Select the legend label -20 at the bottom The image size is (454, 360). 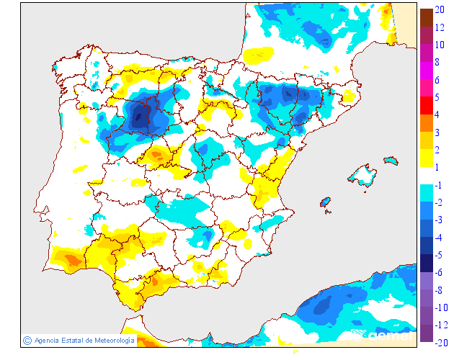coord(442,342)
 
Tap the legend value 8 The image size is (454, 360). coord(439,62)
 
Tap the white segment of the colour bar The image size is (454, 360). coord(427,176)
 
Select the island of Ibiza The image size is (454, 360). coord(326,204)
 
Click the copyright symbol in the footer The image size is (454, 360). coord(27,340)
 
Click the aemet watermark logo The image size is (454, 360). coord(389,335)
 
